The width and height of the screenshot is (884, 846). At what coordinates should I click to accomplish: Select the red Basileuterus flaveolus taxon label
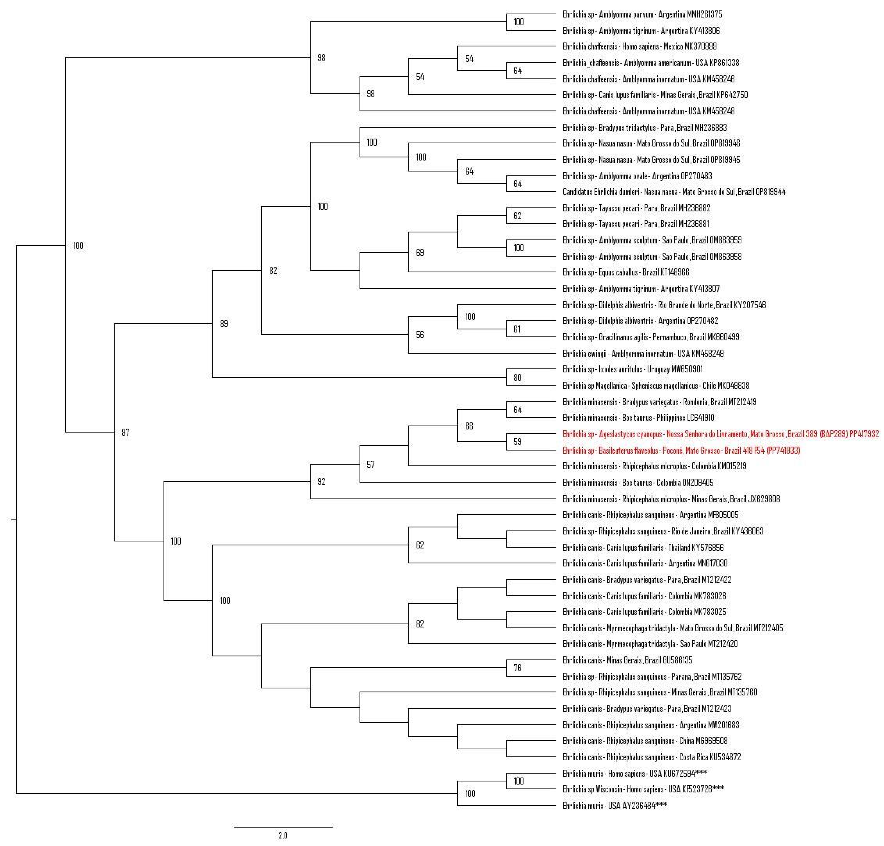tap(681, 450)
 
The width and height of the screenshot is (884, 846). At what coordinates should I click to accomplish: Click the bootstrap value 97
tap(126, 432)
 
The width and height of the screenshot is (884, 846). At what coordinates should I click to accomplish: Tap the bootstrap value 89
tap(224, 324)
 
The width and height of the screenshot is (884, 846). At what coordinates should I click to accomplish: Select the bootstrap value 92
tap(321, 482)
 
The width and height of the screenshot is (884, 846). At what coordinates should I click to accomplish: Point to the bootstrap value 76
tap(517, 668)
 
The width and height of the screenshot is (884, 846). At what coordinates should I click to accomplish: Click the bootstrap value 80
tap(517, 378)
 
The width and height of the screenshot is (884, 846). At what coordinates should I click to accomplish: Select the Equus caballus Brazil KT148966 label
tap(625, 272)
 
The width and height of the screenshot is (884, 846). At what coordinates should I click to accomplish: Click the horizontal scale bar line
tap(283, 827)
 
